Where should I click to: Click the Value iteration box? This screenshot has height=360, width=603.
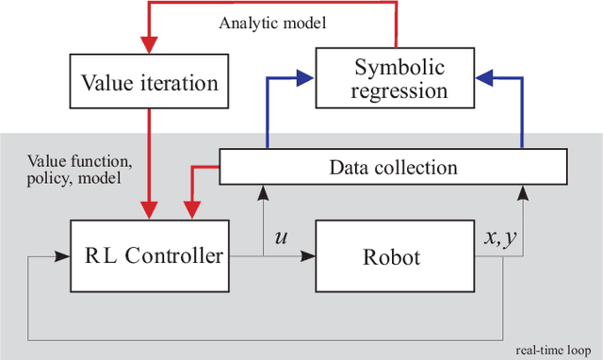coord(150,83)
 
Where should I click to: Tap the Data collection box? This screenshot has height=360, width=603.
coord(393,168)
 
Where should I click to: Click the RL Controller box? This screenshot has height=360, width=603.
coord(150,254)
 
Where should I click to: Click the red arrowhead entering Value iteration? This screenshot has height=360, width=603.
coord(150,47)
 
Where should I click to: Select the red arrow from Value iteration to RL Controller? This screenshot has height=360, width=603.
coord(150,160)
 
